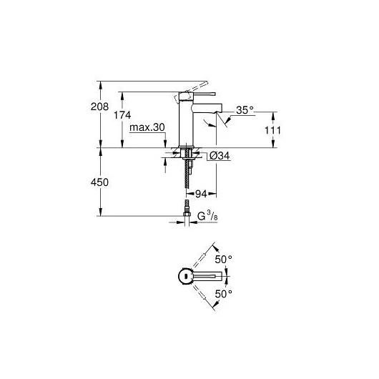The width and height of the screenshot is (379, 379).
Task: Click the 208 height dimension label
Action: [x=99, y=107]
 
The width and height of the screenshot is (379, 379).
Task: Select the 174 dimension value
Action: [x=122, y=115]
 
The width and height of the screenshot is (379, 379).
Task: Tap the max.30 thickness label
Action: [x=147, y=127]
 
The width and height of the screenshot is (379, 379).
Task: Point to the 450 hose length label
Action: [x=99, y=182]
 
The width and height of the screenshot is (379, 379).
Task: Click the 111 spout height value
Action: [x=273, y=131]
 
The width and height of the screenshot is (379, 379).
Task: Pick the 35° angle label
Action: [x=245, y=110]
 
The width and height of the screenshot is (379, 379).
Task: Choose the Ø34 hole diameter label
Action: [x=220, y=156]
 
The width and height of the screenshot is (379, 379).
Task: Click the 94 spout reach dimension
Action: [x=201, y=194]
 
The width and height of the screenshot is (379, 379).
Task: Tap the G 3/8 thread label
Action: [x=207, y=216]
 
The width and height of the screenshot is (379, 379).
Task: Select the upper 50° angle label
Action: [x=224, y=260]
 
